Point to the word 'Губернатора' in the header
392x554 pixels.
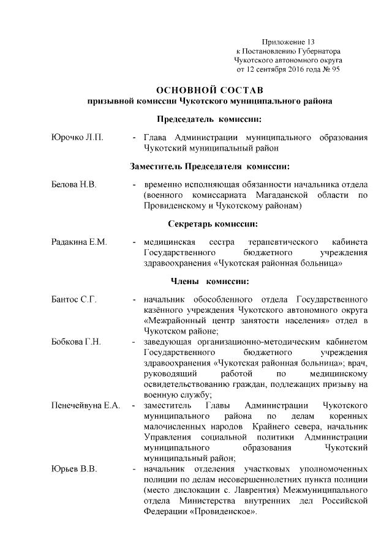319,51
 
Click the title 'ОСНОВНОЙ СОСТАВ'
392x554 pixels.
210,89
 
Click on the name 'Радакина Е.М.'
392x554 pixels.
80,242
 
